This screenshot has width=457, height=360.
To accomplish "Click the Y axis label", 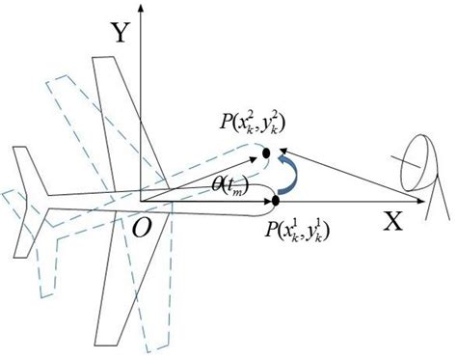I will pyautogui.click(x=120, y=35).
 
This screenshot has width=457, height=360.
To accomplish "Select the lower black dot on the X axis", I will pyautogui.click(x=276, y=201).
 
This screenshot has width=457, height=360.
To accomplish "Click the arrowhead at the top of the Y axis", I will pyautogui.click(x=142, y=9).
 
